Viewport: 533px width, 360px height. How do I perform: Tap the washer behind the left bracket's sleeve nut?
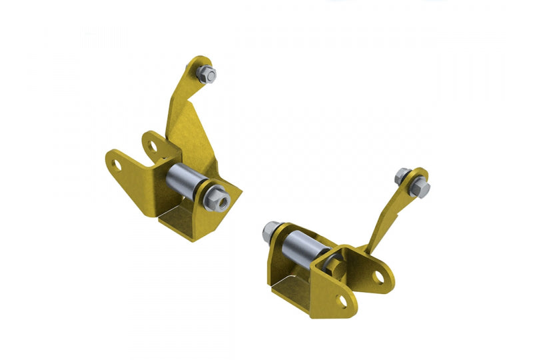point(209,193)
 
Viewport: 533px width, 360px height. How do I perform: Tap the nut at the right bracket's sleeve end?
point(272,230)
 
